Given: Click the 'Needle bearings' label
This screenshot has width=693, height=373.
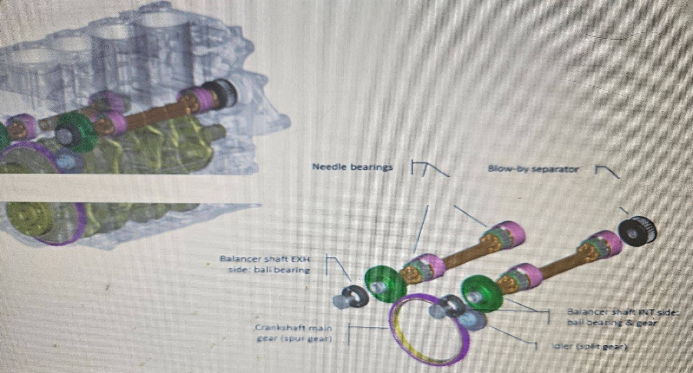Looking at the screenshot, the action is click(352, 167).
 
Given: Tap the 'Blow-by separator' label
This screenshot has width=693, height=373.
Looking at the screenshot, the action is click(533, 169).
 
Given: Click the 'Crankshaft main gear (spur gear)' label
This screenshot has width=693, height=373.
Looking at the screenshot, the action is click(293, 334).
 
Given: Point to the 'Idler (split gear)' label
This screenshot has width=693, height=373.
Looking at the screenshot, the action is click(589, 347).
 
